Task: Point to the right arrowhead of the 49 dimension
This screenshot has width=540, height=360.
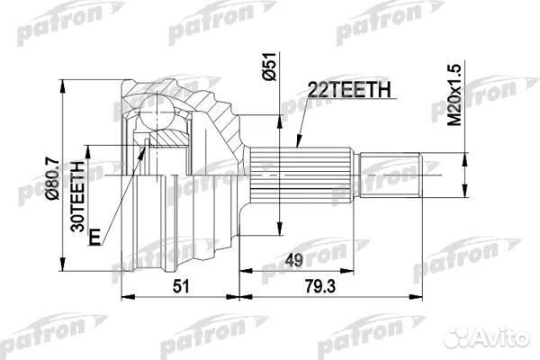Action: point(358,270)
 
